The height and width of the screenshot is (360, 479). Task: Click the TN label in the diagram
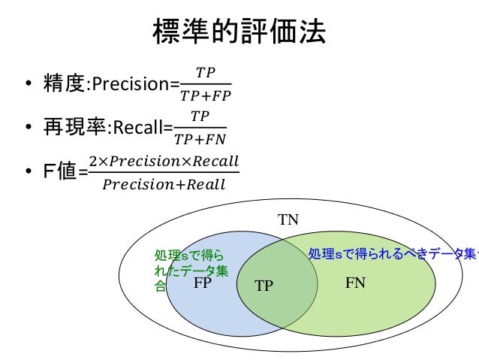(289, 220)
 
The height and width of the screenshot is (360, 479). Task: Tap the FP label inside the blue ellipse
(202, 285)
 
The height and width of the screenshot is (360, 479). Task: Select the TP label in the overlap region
(264, 286)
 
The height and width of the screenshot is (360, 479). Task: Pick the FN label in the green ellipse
(355, 284)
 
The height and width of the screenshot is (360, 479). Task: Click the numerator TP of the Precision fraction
(205, 72)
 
